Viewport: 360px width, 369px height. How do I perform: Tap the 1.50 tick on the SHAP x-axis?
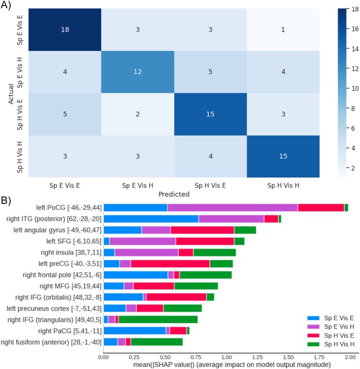[x=287, y=357]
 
